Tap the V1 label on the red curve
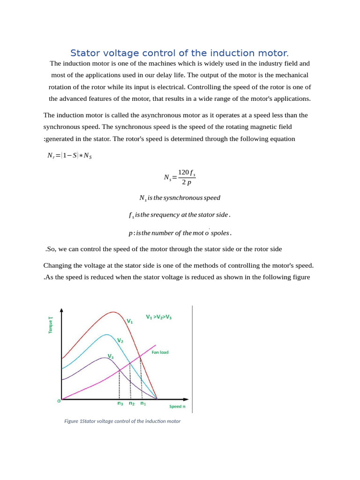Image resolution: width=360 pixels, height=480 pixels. coord(130,322)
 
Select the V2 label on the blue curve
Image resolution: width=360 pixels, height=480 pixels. coord(120,340)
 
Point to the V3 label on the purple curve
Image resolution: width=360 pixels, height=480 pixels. coord(111,356)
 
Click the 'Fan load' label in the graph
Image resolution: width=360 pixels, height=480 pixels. coord(160,352)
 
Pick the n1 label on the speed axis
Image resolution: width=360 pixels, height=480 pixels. coord(143,403)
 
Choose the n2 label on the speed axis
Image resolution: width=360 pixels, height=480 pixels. coord(132,403)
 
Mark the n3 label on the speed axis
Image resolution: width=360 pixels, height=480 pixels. coord(120,403)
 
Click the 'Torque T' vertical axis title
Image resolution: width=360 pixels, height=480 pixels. coord(51,325)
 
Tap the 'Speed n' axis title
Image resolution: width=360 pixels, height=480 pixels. coord(177,406)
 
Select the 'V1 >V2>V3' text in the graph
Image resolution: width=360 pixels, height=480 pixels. coord(158,317)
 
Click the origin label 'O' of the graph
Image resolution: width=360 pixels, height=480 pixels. coord(59,401)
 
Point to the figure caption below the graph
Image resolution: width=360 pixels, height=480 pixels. coord(122,421)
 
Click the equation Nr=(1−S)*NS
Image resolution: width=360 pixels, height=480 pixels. coord(69,156)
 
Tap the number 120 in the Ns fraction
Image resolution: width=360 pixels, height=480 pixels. coord(183,172)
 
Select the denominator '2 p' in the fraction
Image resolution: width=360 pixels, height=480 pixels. coord(186,183)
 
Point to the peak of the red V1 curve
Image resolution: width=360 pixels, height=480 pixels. coord(113,312)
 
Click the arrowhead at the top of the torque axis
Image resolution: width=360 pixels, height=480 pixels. coord(62,310)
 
